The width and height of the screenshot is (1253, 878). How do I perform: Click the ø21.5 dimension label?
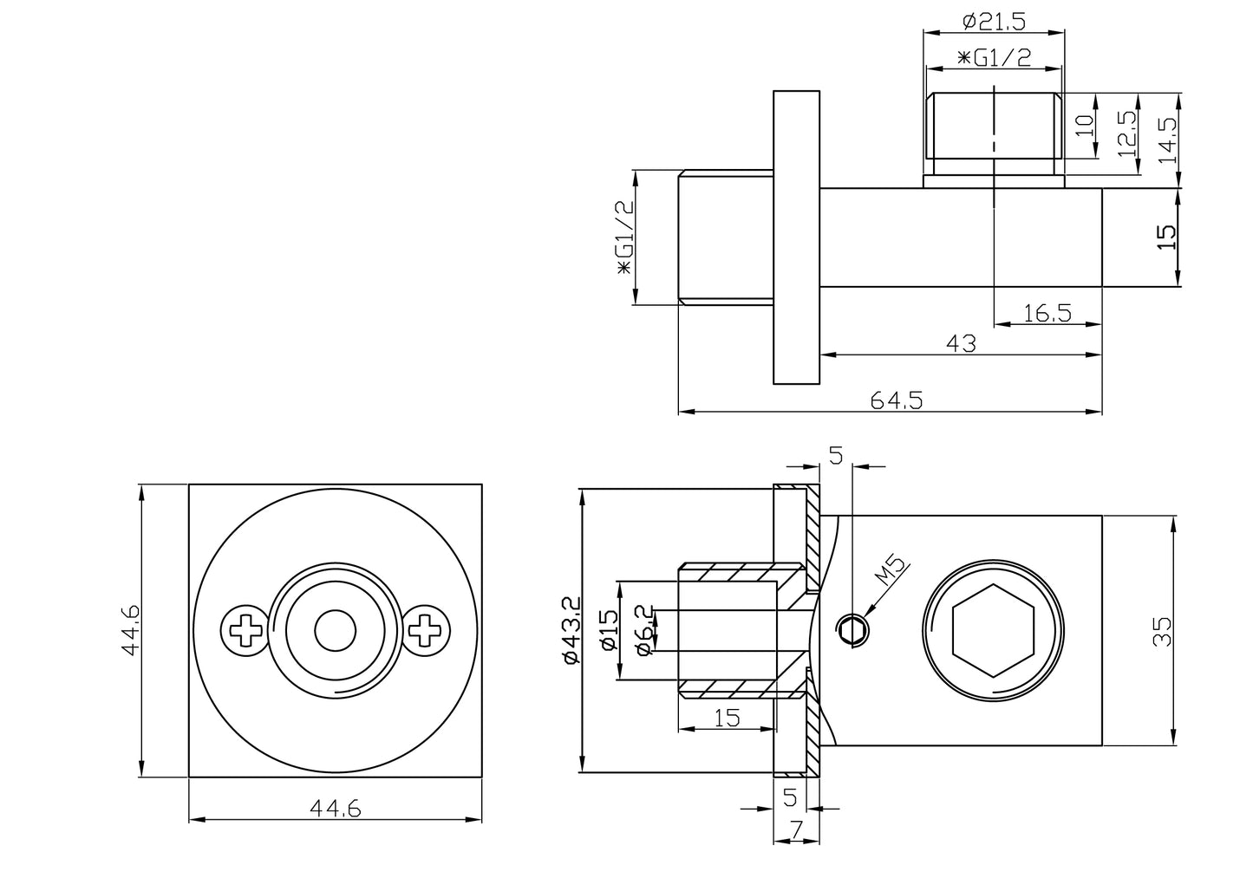click(993, 20)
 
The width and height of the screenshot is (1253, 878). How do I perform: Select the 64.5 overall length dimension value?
click(897, 400)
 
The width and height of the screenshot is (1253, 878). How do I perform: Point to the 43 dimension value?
click(960, 343)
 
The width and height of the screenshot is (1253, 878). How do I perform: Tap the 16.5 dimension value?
click(1047, 313)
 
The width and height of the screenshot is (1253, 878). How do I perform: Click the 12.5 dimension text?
click(1126, 133)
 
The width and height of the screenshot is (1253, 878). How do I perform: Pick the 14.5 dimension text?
click(1167, 141)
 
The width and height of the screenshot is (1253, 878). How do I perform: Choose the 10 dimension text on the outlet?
click(1084, 126)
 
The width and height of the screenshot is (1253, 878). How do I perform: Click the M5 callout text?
click(891, 576)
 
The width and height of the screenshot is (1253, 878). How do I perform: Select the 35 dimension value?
click(1163, 630)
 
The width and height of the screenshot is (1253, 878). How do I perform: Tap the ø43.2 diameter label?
click(570, 630)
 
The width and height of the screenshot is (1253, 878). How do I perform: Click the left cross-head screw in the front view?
click(245, 629)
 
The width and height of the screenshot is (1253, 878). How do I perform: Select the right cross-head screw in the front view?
click(426, 629)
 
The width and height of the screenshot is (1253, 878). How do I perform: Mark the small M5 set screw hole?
click(852, 630)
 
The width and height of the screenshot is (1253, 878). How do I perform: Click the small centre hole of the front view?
click(335, 630)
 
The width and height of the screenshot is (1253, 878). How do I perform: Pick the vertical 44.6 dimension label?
click(129, 630)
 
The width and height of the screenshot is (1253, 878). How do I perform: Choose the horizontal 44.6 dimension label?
click(335, 808)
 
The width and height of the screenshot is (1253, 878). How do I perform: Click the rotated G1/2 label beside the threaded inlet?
click(623, 237)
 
